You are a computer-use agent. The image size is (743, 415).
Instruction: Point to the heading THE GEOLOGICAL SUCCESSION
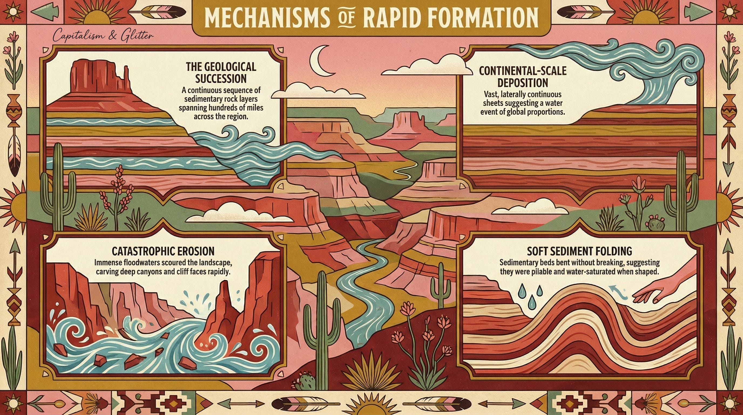tap(221, 72)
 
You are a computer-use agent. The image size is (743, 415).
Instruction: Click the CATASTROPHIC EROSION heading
tap(163, 251)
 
